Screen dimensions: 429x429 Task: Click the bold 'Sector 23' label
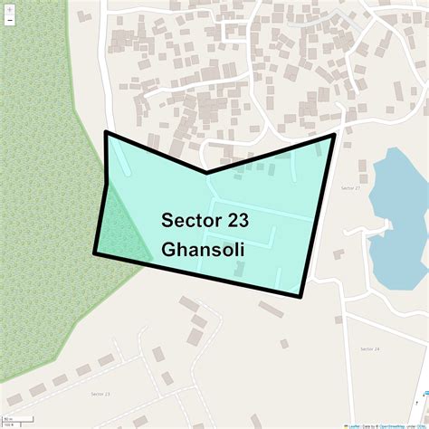205,220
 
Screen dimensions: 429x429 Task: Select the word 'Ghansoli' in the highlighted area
205,248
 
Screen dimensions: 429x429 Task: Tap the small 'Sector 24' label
369,348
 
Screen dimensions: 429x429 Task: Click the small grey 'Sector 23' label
100,395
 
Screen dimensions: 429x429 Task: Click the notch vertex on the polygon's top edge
206,172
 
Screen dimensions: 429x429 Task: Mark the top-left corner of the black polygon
107,133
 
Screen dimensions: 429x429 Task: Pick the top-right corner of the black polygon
335,135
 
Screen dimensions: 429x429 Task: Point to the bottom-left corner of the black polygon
95,253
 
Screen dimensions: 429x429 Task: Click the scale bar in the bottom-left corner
11,421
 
